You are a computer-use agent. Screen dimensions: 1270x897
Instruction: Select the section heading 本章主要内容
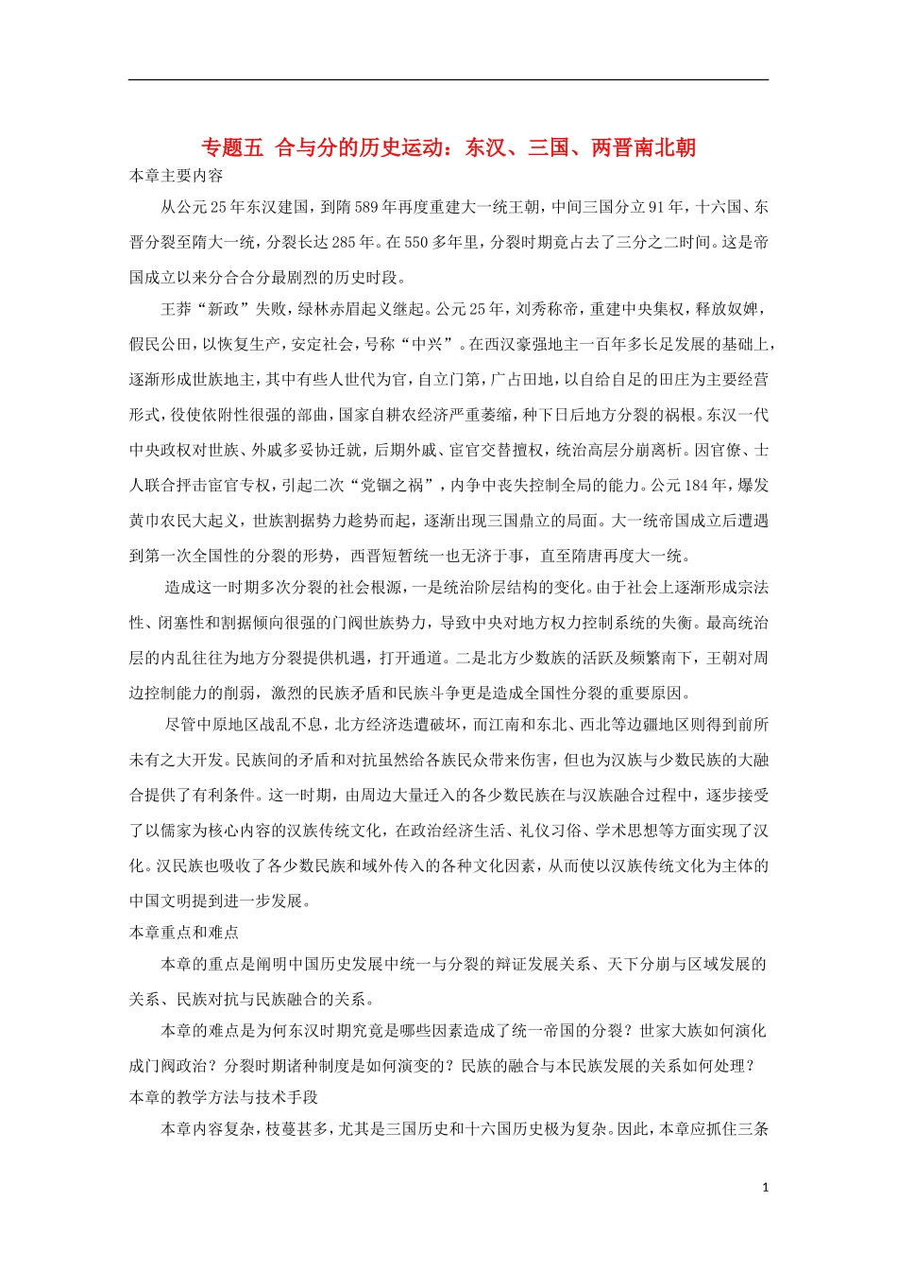(x=177, y=176)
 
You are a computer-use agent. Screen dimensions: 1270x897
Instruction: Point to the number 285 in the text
(x=345, y=242)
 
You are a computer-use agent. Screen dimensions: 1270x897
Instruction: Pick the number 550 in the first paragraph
(x=416, y=242)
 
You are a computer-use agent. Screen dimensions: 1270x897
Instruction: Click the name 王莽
(x=177, y=309)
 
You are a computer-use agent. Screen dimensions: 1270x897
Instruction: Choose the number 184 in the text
(x=695, y=485)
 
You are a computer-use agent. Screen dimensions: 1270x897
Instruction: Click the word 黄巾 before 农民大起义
(x=144, y=521)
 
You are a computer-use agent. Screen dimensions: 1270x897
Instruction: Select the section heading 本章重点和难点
(x=184, y=933)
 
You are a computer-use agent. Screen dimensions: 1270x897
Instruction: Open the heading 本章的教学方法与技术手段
(x=224, y=1097)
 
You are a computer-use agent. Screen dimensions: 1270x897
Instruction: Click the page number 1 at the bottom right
(x=766, y=1188)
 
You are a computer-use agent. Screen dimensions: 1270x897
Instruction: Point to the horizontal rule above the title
(x=448, y=79)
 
